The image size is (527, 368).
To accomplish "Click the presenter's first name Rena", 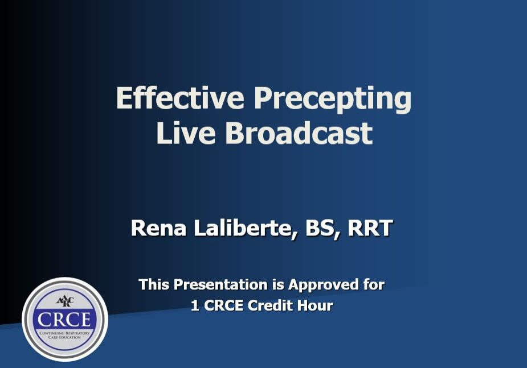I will (x=156, y=228).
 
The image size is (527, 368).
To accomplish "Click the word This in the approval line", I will (x=154, y=284).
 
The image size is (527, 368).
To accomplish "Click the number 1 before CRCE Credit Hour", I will (x=195, y=305).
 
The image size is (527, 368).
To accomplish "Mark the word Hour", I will (x=314, y=305).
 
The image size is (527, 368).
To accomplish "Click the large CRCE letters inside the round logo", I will (x=64, y=319).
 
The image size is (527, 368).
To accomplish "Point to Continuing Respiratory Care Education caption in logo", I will (x=64, y=335).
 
